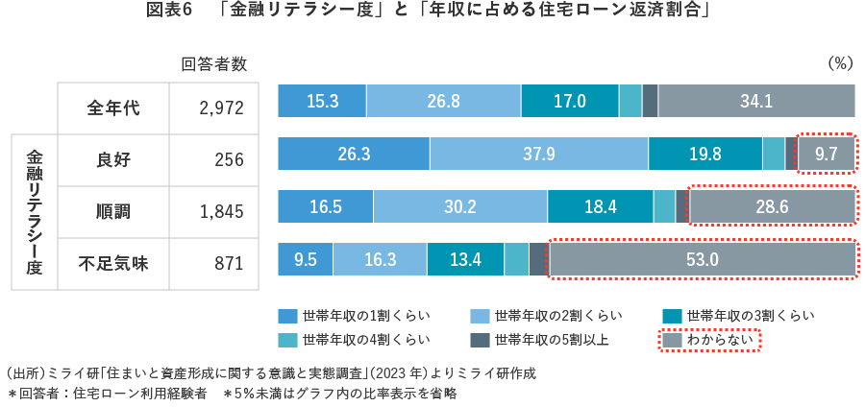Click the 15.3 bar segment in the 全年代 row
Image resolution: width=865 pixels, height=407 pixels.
[321, 101]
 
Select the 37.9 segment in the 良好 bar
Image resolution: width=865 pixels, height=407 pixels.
[538, 154]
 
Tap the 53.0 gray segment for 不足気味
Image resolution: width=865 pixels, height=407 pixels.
[702, 259]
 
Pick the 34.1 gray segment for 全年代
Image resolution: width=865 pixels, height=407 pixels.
[756, 101]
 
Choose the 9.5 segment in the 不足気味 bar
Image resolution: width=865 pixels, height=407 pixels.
[305, 259]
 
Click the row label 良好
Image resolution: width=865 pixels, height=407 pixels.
[113, 159]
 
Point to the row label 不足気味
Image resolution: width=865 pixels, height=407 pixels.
[113, 263]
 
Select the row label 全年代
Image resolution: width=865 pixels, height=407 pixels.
[113, 108]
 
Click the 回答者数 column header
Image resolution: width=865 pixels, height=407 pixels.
[214, 64]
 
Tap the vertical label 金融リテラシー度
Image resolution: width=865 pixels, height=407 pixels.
[35, 211]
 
